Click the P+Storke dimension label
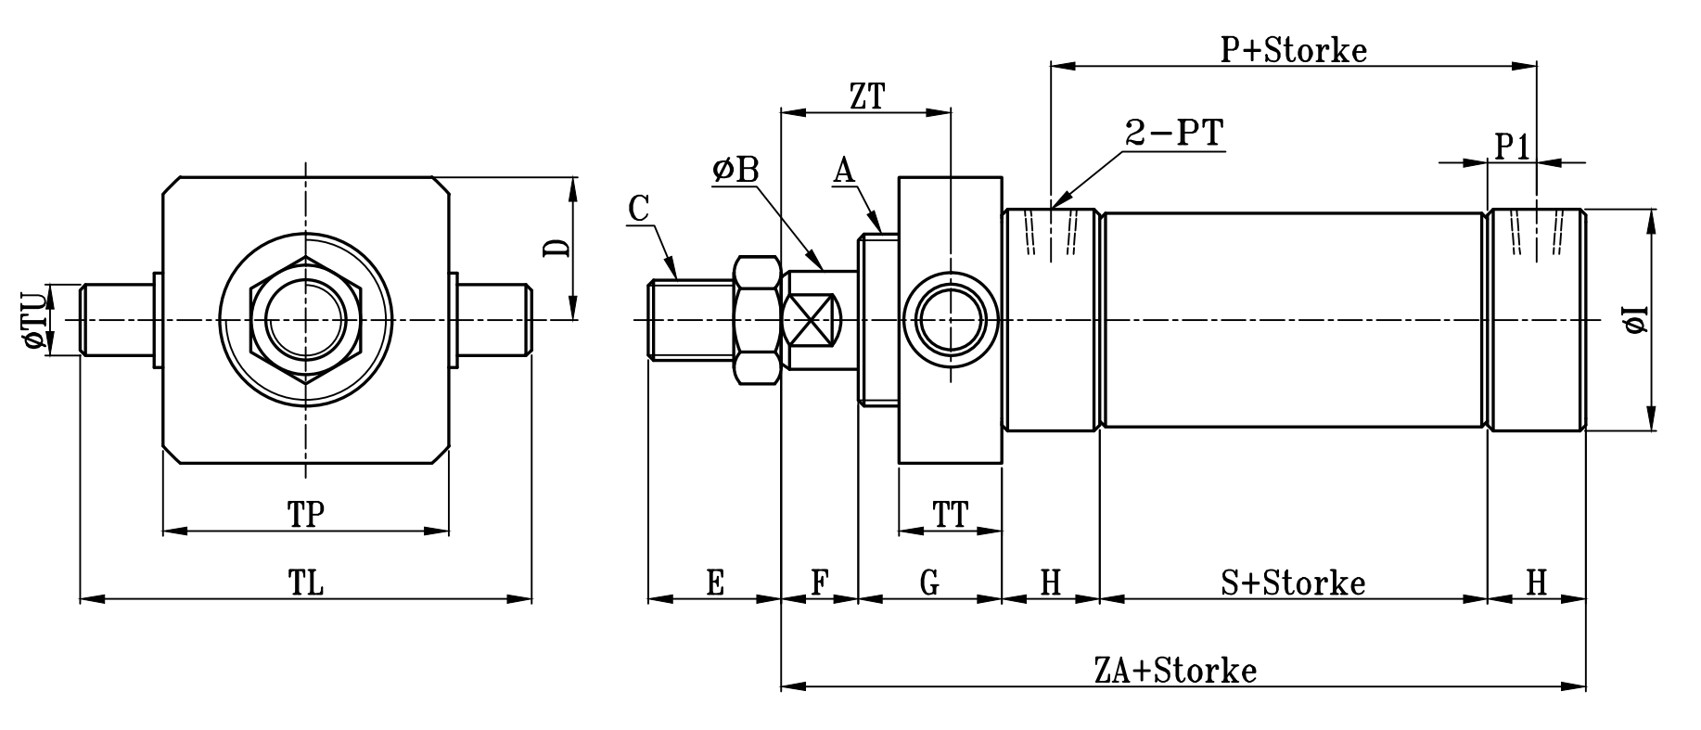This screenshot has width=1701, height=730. tap(1293, 50)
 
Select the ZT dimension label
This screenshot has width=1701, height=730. tap(866, 96)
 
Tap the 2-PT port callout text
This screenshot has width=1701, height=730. tap(1174, 134)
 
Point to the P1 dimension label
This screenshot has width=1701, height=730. tap(1512, 147)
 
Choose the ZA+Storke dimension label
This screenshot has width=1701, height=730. tap(1175, 670)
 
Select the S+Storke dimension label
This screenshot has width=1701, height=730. tap(1293, 583)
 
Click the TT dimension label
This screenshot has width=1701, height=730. tap(951, 515)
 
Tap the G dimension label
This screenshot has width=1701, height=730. tap(929, 583)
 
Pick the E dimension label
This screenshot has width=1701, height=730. tap(714, 583)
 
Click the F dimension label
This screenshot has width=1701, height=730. tap(819, 583)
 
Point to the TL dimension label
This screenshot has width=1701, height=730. tap(305, 583)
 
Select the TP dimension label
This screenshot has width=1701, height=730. tap(305, 515)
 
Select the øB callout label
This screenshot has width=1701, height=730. tap(735, 171)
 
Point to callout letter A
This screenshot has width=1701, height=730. tap(843, 171)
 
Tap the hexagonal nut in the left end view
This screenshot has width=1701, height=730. tap(305, 320)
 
